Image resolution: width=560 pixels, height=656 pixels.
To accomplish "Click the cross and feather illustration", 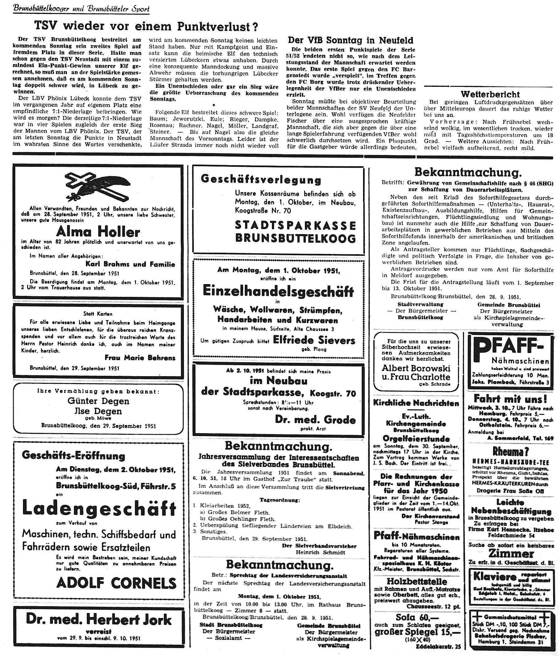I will (x=98, y=186).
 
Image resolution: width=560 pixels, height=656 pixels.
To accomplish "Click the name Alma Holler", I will (x=98, y=232).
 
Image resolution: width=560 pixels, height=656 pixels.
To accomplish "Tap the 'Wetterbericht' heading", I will (x=490, y=94).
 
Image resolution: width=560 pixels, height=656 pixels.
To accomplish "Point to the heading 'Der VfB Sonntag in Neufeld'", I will (x=350, y=40).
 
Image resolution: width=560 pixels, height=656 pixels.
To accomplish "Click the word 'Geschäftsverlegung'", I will (x=261, y=180).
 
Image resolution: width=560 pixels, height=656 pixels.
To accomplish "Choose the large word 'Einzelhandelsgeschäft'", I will (x=278, y=291).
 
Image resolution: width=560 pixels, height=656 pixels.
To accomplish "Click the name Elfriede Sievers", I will (x=314, y=340).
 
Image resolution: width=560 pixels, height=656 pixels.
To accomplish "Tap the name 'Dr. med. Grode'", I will (x=315, y=419).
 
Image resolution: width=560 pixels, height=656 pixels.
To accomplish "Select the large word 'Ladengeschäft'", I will (x=99, y=508).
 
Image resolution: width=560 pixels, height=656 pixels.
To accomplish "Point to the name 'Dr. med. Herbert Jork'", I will (x=99, y=619).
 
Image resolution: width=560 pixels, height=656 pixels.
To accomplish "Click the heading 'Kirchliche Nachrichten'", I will (x=416, y=403).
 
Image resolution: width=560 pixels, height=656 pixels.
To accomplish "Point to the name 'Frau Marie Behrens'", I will (x=140, y=358).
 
